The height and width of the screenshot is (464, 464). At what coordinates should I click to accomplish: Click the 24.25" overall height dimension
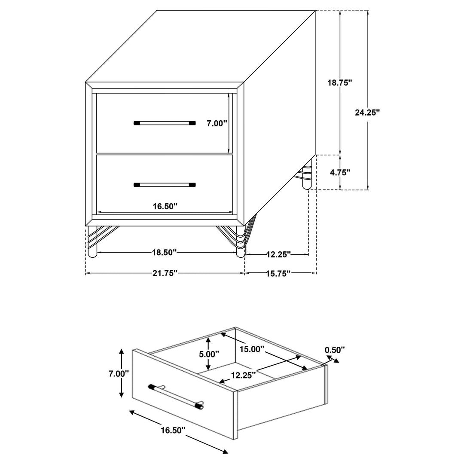(367, 113)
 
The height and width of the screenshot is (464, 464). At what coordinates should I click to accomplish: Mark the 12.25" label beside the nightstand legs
(278, 254)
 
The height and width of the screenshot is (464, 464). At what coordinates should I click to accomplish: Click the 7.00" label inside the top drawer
(217, 123)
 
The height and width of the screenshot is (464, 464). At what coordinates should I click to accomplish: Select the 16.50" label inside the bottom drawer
(165, 206)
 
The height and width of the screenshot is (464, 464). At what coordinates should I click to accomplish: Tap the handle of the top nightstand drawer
(165, 123)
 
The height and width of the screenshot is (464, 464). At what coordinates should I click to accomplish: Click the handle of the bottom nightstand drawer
(165, 185)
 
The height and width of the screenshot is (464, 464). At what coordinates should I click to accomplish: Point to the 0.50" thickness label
(335, 350)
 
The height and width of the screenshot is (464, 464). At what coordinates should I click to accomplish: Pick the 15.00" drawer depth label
(251, 349)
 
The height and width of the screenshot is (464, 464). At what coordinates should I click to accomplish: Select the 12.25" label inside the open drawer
(243, 375)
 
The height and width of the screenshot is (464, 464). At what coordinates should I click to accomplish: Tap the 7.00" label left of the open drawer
(119, 373)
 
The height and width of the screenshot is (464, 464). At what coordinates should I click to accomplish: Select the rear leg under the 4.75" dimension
(306, 175)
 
